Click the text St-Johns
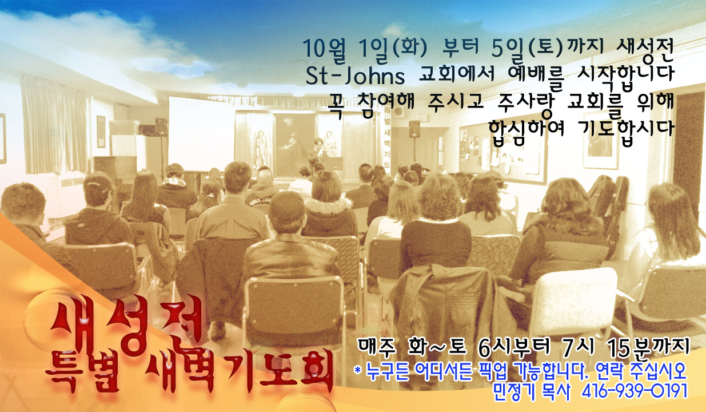click(355, 76)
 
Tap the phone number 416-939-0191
click(634, 391)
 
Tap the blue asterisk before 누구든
click(357, 370)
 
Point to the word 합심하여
click(526, 130)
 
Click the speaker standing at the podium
click(318, 151)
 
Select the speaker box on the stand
click(414, 128)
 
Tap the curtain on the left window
click(54, 125)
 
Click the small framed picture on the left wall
click(101, 132)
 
